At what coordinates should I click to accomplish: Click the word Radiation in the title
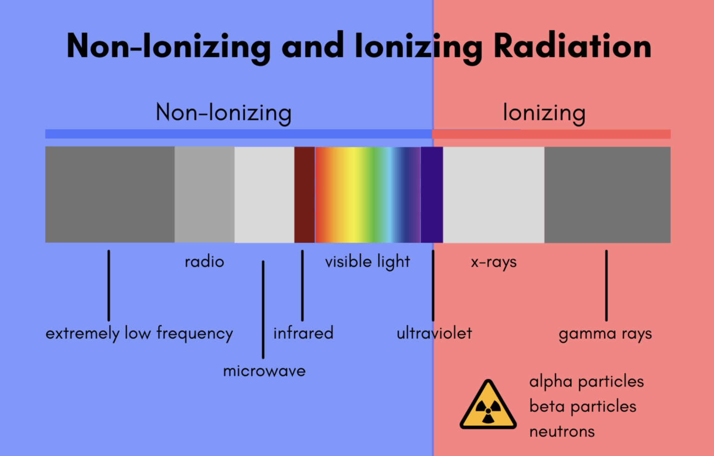(572, 46)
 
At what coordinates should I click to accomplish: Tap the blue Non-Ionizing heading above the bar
(224, 113)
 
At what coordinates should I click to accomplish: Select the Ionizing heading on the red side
(544, 113)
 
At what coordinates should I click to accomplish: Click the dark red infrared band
(304, 195)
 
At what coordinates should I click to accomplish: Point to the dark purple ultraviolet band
(432, 195)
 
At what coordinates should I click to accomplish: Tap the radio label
(205, 262)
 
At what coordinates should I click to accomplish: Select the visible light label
(367, 262)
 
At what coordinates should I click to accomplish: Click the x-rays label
(494, 262)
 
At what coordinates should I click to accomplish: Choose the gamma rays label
(605, 334)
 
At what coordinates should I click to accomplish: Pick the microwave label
(264, 371)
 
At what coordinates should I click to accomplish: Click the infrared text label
(303, 333)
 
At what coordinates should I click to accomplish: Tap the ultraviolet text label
(434, 333)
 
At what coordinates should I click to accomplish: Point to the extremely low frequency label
(139, 334)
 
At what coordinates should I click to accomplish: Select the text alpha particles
(587, 382)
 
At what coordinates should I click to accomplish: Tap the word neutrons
(562, 432)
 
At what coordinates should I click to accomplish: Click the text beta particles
(583, 407)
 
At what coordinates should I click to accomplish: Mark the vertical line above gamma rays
(606, 285)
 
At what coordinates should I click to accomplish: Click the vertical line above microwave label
(263, 309)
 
